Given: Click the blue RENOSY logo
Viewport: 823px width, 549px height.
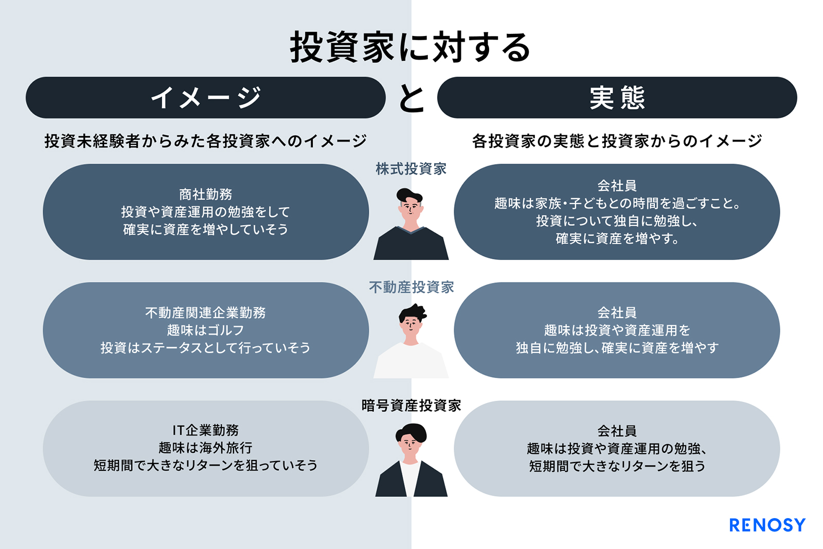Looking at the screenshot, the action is coord(767,525).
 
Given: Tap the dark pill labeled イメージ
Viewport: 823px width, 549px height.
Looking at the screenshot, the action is coord(205,97).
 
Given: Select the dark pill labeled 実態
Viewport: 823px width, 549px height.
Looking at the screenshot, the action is coord(617,97).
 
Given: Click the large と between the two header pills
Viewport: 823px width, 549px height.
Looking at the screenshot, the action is coord(411,98).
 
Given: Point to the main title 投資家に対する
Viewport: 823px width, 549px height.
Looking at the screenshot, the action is coord(411,47).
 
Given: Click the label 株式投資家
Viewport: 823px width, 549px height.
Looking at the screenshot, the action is coord(411,169).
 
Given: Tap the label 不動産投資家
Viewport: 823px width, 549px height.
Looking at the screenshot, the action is coord(411,287).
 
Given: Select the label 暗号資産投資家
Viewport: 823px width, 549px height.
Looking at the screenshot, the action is coord(411,405).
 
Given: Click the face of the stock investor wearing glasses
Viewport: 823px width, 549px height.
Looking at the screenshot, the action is coord(411,209).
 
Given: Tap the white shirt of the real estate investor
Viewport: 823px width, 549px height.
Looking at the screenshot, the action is coord(411,361).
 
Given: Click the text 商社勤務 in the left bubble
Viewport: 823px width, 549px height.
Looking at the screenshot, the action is coord(205,194).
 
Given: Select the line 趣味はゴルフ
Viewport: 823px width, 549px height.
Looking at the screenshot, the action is coord(205,330).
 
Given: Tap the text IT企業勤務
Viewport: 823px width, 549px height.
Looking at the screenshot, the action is coord(205,430).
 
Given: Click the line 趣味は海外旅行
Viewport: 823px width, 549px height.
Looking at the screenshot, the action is coord(205,448).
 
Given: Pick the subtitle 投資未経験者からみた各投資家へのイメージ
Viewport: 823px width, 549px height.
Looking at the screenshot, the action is coord(205,141).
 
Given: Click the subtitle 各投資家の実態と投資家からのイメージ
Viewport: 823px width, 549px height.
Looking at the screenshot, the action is coord(617,141).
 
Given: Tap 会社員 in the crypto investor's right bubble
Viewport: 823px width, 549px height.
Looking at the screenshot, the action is coord(617,431).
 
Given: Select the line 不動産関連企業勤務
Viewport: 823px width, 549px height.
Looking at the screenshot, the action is coord(205,312).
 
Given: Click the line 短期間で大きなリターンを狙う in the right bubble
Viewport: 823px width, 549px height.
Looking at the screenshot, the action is coord(617,466).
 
